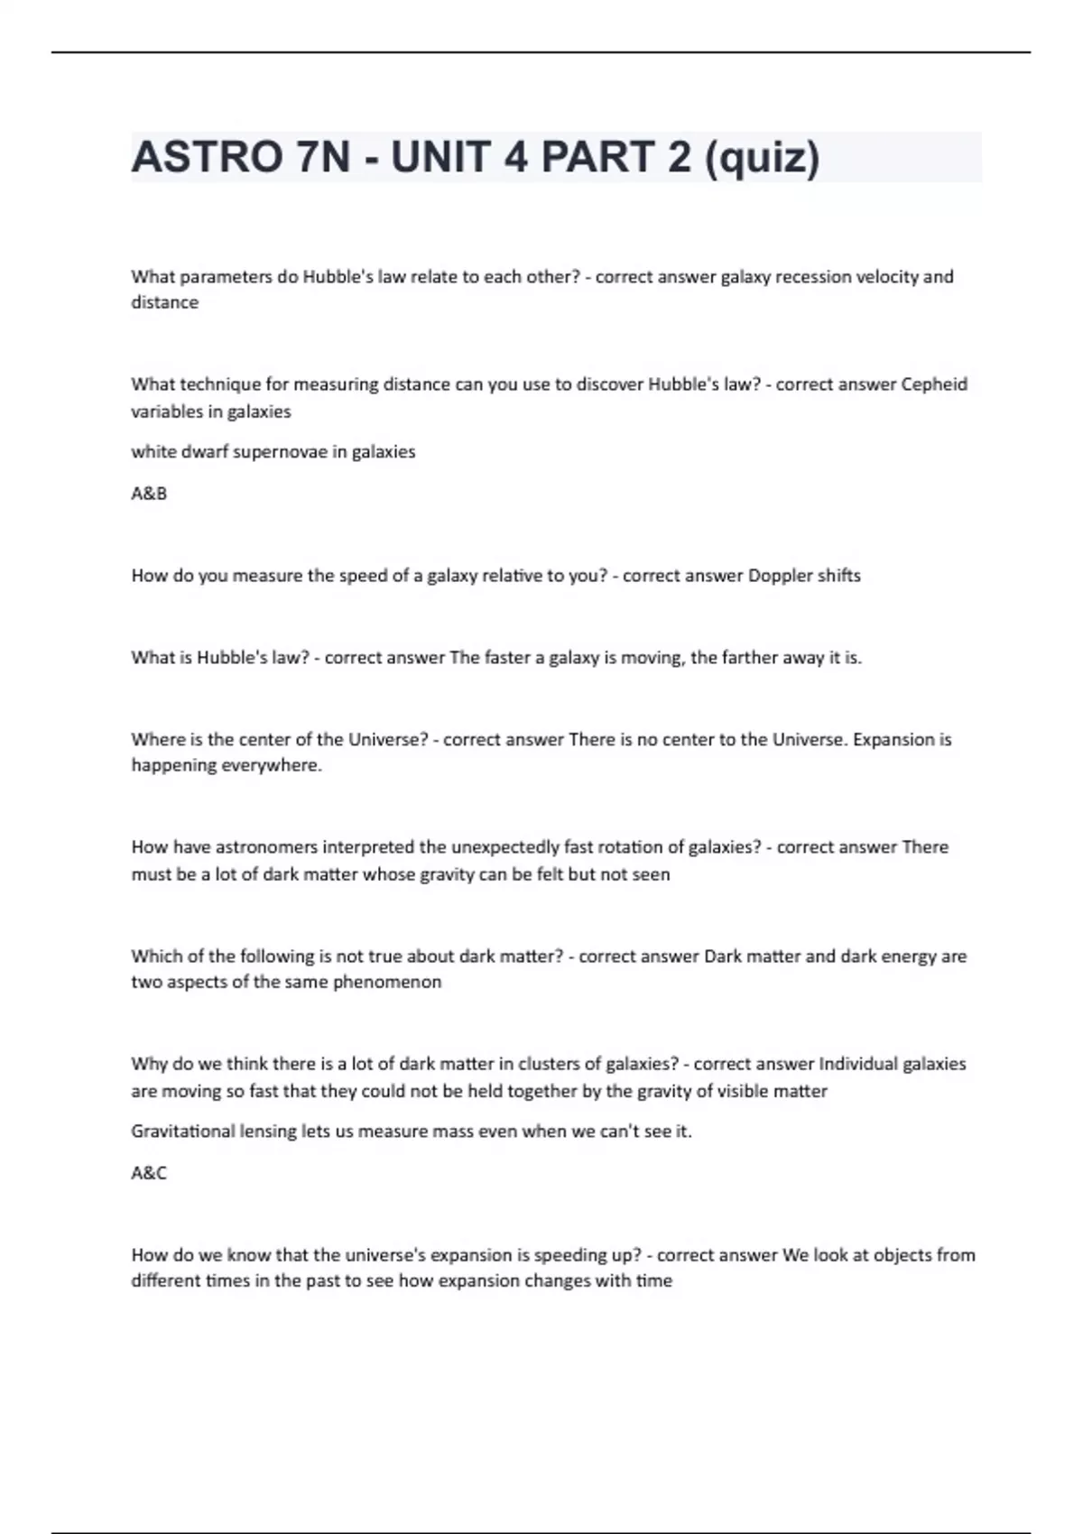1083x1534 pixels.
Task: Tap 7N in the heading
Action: [x=322, y=158]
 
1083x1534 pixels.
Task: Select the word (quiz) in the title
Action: [x=762, y=158]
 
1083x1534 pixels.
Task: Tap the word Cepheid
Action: [x=934, y=384]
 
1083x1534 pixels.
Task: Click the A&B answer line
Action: [x=149, y=494]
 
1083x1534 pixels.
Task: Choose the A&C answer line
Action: [x=149, y=1173]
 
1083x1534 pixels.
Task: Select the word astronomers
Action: [x=265, y=847]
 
